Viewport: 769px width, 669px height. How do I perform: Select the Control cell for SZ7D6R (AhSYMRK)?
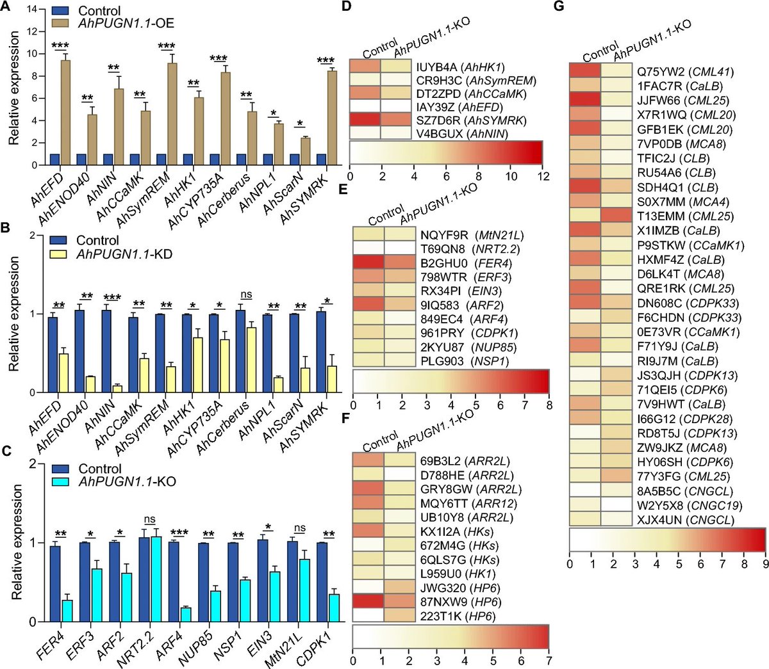(365, 121)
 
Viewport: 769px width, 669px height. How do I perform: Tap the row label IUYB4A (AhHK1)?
(459, 67)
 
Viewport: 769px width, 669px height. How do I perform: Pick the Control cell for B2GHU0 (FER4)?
(368, 262)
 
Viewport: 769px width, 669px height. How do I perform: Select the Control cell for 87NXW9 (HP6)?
(368, 602)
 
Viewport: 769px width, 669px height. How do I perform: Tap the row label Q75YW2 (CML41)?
(684, 72)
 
